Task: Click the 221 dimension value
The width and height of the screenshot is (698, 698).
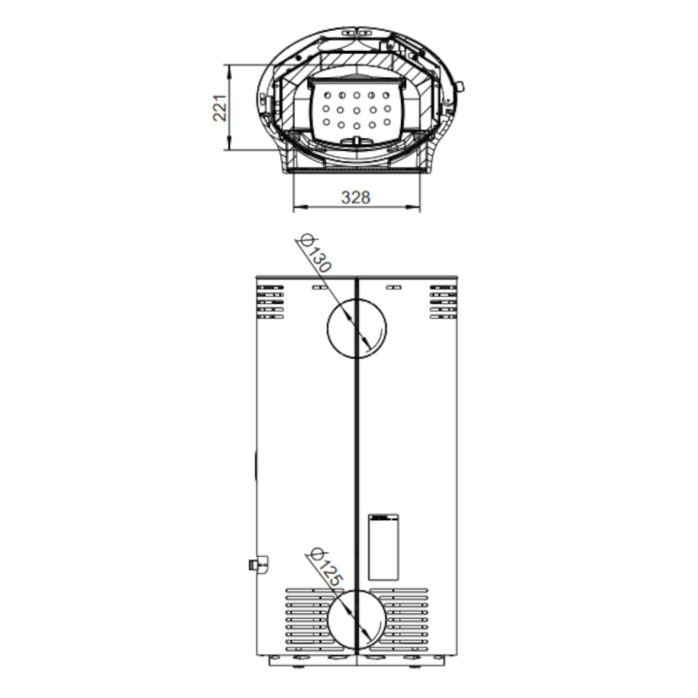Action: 220,107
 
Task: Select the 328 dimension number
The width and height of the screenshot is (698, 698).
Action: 355,198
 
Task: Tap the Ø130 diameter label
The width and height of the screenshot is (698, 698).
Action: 314,253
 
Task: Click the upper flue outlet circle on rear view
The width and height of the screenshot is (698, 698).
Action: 328,329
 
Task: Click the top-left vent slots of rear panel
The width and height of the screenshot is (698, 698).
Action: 270,302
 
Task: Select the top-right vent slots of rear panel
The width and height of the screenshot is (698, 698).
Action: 443,302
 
